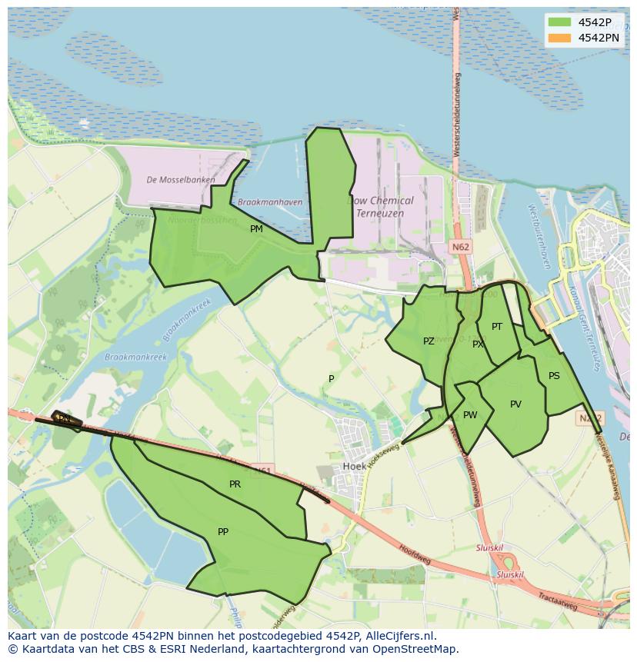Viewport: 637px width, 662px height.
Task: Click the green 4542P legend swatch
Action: point(559,22)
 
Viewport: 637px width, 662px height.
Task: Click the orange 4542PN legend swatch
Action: point(559,38)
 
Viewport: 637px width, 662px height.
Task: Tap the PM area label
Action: point(256,228)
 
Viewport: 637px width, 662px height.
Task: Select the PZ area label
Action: point(429,341)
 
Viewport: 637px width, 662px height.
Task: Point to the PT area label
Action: point(497,327)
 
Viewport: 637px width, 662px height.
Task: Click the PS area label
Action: point(554,376)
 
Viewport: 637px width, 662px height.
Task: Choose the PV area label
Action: point(515,404)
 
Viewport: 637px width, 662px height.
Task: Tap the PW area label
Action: point(470,415)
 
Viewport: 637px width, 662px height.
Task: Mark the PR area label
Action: point(235,484)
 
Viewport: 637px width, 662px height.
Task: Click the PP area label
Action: point(223,531)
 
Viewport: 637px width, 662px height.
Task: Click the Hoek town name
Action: point(355,467)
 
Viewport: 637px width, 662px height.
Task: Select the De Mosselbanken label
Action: point(181,180)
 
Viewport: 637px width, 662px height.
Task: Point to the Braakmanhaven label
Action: point(270,202)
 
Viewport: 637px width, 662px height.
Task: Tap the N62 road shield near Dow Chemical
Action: point(460,247)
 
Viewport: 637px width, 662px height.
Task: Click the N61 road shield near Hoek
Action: point(263,469)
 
